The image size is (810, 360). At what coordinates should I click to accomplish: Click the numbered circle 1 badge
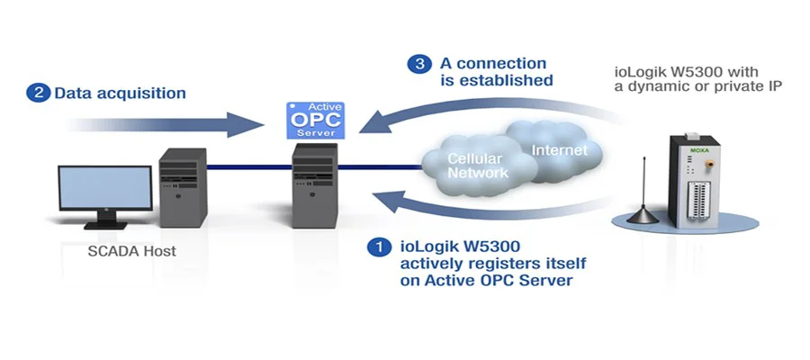[x=381, y=245]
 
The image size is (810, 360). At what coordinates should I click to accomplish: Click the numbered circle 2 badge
[x=39, y=93]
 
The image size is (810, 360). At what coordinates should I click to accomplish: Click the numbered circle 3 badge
[x=418, y=64]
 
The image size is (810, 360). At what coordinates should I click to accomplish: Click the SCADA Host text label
[x=131, y=251]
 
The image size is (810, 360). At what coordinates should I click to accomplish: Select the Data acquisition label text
[x=121, y=93]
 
